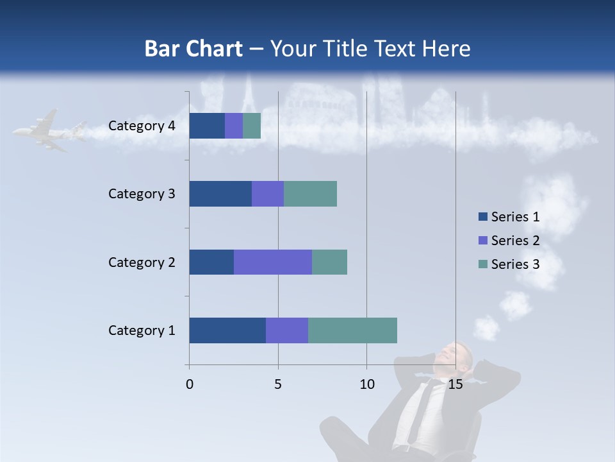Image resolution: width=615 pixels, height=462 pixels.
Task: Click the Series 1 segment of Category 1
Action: pos(227,330)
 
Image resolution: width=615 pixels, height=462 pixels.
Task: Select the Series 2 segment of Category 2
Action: pos(273,262)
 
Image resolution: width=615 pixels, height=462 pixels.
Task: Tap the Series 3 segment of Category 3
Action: pos(310,194)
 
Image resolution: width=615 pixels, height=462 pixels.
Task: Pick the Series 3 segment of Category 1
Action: pos(352,330)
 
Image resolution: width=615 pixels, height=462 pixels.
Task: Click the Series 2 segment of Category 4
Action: pos(234,126)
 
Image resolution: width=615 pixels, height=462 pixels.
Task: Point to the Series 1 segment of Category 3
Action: pos(220,194)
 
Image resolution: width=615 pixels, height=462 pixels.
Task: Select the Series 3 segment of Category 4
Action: pos(252,126)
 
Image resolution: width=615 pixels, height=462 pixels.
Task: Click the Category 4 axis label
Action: pos(142,126)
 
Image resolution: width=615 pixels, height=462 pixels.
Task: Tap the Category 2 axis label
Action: pos(142,262)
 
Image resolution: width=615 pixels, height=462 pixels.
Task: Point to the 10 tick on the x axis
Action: pos(366,384)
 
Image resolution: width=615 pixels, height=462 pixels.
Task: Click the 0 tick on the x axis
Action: pos(190,384)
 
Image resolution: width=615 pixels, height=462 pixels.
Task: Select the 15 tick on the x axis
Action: pos(455,384)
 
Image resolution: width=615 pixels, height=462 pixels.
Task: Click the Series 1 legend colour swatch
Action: pos(482,217)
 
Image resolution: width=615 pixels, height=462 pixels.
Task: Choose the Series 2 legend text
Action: pos(515,241)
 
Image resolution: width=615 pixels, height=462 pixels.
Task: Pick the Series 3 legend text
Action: pos(515,264)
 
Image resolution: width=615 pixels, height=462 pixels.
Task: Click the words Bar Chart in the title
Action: pos(193,49)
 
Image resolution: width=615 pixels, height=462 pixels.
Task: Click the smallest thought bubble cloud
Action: pos(487,327)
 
